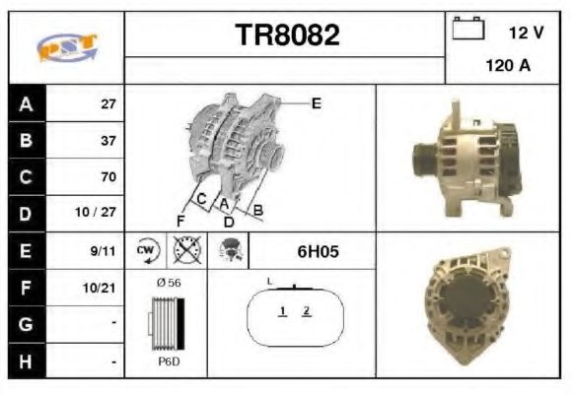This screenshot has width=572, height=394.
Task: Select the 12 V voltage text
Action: point(526,33)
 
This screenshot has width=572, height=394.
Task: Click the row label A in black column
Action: point(25,103)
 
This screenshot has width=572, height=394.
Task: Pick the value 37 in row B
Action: point(107,140)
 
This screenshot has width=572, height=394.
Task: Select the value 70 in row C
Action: point(107,177)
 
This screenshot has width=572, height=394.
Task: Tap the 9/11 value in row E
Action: point(103,251)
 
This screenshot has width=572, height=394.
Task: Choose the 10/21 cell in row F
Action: point(102,288)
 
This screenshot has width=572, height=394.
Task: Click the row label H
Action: point(25,361)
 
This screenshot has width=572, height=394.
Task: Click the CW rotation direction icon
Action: point(146,251)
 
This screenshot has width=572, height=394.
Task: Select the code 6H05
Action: point(318,251)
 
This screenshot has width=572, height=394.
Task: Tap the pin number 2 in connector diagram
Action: point(307,311)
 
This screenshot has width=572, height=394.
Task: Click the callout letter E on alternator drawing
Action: point(316,102)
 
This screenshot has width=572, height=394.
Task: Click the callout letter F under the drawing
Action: point(180,220)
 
